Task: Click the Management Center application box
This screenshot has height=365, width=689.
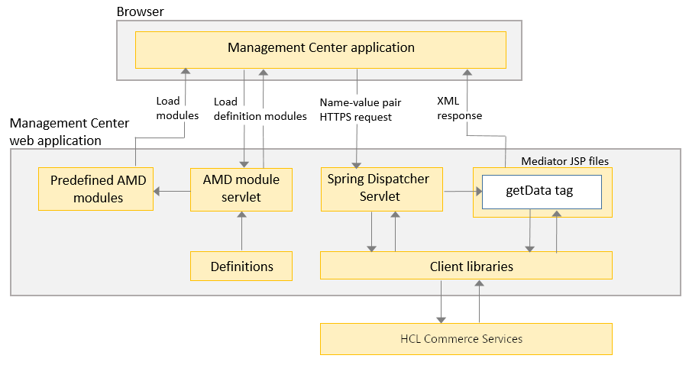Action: pyautogui.click(x=321, y=49)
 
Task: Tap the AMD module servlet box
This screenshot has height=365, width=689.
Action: pyautogui.click(x=241, y=189)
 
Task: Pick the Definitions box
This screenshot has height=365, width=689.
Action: pyautogui.click(x=241, y=266)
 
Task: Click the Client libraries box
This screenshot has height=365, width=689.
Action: pyautogui.click(x=466, y=266)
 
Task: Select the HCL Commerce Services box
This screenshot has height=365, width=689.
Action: pyautogui.click(x=466, y=338)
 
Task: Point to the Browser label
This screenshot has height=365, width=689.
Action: pyautogui.click(x=140, y=12)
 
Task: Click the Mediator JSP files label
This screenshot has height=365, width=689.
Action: pyautogui.click(x=564, y=160)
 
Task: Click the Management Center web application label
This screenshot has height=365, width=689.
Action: pyautogui.click(x=70, y=131)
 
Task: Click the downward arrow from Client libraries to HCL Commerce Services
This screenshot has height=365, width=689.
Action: pyautogui.click(x=441, y=301)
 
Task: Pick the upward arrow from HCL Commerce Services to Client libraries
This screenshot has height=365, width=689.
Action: pyautogui.click(x=480, y=301)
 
